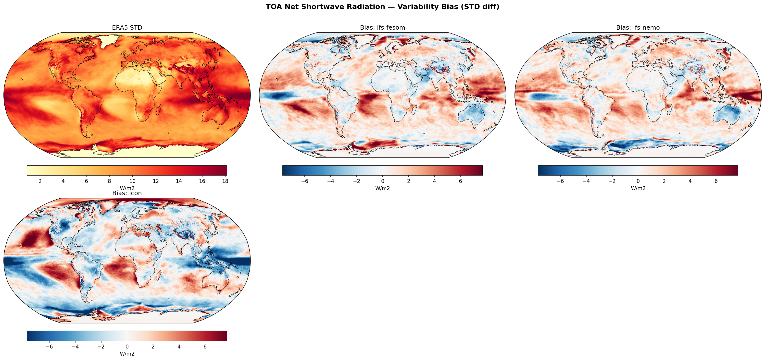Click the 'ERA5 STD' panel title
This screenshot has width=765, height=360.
127,28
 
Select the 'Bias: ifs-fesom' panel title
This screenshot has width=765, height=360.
382,28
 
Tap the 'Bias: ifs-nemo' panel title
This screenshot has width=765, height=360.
638,28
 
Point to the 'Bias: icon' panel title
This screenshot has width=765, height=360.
127,193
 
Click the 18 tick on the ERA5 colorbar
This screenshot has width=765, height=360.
225,181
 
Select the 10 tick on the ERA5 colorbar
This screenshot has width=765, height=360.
132,181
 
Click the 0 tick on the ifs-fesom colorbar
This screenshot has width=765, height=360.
382,181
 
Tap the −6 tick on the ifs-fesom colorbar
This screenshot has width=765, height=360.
305,181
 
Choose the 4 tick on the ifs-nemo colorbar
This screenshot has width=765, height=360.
690,181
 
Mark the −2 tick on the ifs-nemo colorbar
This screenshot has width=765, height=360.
612,181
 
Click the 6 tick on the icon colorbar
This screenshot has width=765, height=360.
205,347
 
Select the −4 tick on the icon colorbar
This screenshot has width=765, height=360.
75,347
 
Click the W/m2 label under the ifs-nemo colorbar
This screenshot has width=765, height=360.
638,188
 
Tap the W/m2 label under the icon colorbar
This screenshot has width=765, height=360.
127,354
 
